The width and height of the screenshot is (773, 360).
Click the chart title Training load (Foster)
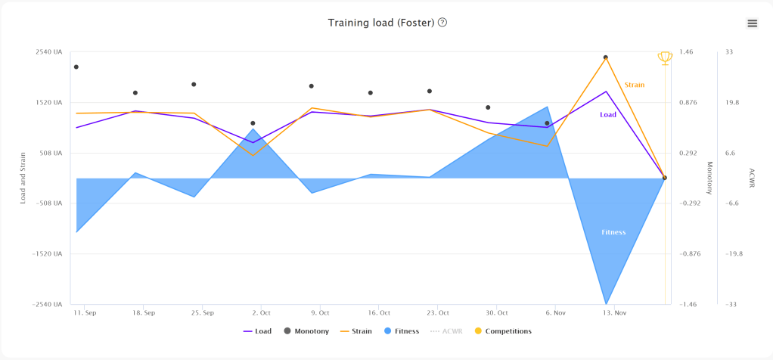pyautogui.click(x=380, y=23)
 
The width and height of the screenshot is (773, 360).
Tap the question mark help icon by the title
pyautogui.click(x=442, y=23)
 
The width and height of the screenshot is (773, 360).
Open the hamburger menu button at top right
pyautogui.click(x=752, y=23)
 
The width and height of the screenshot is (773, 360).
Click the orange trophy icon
pyautogui.click(x=665, y=57)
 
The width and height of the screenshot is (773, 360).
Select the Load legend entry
pyautogui.click(x=257, y=331)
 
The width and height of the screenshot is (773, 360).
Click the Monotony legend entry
pyautogui.click(x=306, y=331)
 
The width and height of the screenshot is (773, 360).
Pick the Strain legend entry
pyautogui.click(x=356, y=331)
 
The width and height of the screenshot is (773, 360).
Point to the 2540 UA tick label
pyautogui.click(x=48, y=52)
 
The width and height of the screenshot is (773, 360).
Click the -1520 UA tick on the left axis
pyautogui.click(x=47, y=254)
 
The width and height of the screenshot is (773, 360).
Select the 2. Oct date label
pyautogui.click(x=261, y=312)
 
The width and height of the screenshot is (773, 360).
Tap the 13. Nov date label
pyautogui.click(x=614, y=312)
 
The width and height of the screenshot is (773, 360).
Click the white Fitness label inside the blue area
pyautogui.click(x=613, y=232)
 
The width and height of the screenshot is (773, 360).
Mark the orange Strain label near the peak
pyautogui.click(x=635, y=85)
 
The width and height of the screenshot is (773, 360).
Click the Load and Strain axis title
pyautogui.click(x=23, y=178)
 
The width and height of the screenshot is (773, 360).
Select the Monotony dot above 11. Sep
pyautogui.click(x=76, y=67)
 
